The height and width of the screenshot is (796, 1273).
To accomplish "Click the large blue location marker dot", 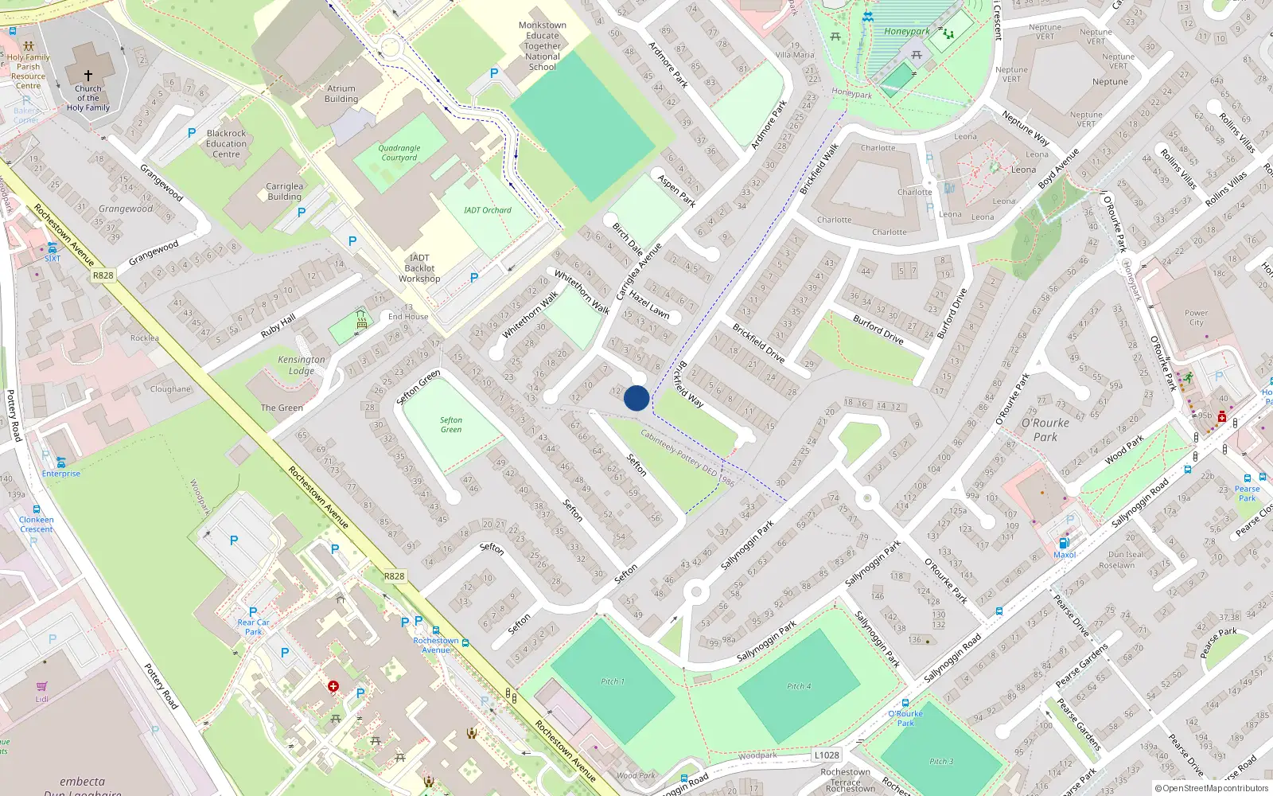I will tap(636, 398).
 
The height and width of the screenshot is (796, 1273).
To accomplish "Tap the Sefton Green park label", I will tap(451, 425).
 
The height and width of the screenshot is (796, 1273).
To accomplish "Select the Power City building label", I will tap(1196, 318).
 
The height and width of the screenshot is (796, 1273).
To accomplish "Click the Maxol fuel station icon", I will tap(1064, 544).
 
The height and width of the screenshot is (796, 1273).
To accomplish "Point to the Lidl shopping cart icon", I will tap(41, 686).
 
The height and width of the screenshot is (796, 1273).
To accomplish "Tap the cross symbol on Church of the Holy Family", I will tap(88, 75).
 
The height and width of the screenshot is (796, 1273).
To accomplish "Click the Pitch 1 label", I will tap(613, 681).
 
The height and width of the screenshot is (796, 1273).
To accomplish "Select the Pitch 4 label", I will tap(799, 686).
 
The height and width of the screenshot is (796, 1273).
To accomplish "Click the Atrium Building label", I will tap(341, 94).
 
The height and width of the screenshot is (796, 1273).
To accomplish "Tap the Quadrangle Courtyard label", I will tap(399, 153).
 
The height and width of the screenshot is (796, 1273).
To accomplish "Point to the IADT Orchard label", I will tap(488, 210).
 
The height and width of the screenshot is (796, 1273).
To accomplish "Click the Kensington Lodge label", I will tap(302, 365).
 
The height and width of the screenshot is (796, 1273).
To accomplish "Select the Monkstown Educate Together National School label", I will tap(543, 46).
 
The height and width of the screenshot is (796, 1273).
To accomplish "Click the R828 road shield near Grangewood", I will tap(103, 275).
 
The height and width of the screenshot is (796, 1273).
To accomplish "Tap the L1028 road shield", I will tap(827, 755).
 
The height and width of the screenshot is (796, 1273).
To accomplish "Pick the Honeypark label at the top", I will tap(907, 32).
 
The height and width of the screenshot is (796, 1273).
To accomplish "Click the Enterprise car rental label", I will tap(61, 474).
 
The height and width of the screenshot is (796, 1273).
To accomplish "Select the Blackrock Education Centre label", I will tap(227, 144).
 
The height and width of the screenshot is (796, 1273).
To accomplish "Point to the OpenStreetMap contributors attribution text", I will tap(1212, 789).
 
